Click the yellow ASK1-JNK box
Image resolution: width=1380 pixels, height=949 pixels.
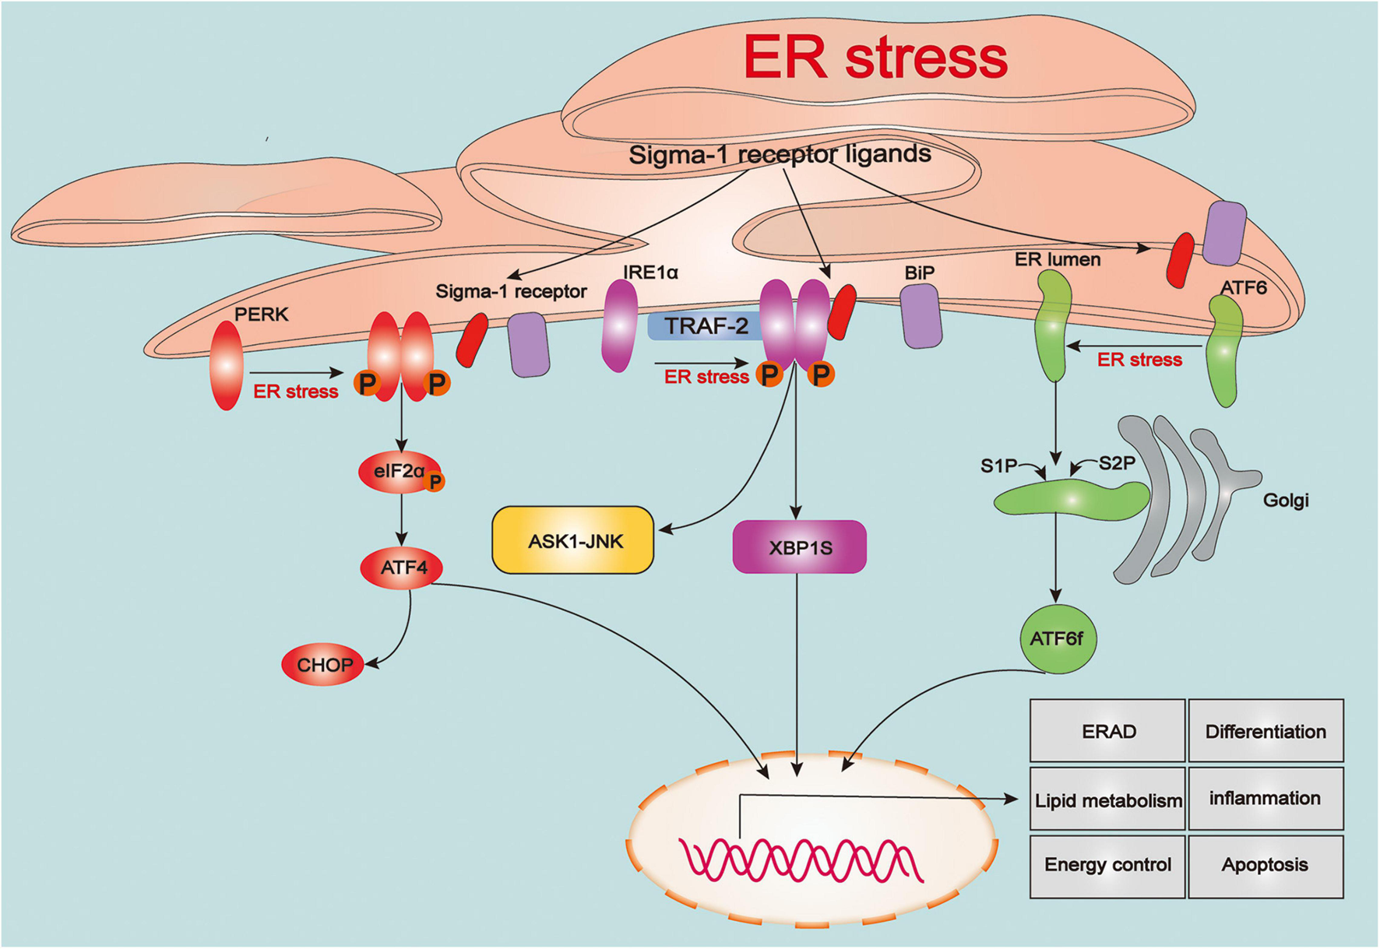pyautogui.click(x=573, y=540)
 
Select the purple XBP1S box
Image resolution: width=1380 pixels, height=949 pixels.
pyautogui.click(x=800, y=547)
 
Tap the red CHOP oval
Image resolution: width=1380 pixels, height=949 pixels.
pyautogui.click(x=323, y=664)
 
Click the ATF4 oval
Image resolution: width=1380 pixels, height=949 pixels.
pyautogui.click(x=402, y=568)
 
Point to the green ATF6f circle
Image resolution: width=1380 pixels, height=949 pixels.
pyautogui.click(x=1057, y=638)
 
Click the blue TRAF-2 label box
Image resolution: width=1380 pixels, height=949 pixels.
pyautogui.click(x=704, y=325)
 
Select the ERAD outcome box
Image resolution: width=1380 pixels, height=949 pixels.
pyautogui.click(x=1107, y=731)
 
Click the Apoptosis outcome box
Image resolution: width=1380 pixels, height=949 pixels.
pyautogui.click(x=1265, y=865)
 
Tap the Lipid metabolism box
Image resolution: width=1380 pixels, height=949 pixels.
pyautogui.click(x=1107, y=800)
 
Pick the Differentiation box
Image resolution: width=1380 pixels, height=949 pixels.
pyautogui.click(x=1265, y=731)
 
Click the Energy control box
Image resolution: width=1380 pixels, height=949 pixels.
pyautogui.click(x=1107, y=865)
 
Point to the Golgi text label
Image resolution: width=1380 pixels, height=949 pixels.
pyautogui.click(x=1285, y=500)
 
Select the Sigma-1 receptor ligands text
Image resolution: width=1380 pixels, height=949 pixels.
pyautogui.click(x=780, y=154)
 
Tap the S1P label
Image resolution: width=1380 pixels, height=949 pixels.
pyautogui.click(x=998, y=466)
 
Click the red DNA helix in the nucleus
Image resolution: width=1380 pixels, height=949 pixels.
pyautogui.click(x=801, y=860)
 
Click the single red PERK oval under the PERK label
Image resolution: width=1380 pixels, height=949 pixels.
pyautogui.click(x=227, y=365)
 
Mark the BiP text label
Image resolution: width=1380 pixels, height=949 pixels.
pyautogui.click(x=919, y=273)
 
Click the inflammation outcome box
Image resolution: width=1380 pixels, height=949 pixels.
pyautogui.click(x=1265, y=798)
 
